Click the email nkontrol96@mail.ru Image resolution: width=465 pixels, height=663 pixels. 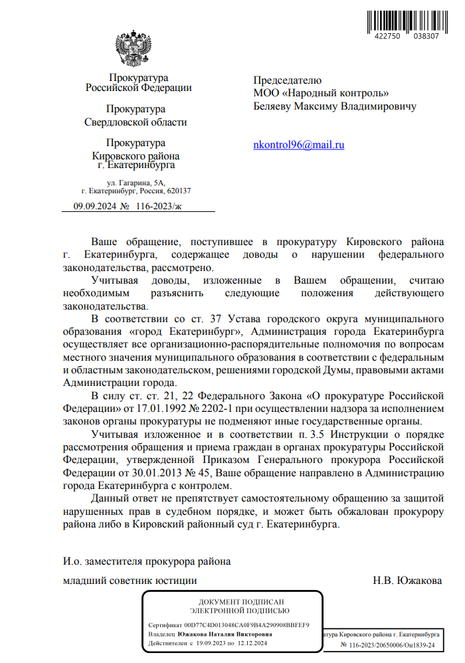tap(299, 145)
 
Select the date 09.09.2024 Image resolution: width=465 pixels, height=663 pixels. tap(94, 207)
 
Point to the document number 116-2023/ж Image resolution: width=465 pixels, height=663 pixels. tap(158, 207)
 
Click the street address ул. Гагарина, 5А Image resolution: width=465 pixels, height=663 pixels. tap(136, 181)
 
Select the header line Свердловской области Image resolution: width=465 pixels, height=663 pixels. tap(136, 122)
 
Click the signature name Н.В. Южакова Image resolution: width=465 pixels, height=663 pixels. tap(408, 581)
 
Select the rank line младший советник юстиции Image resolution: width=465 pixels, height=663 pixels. tap(130, 581)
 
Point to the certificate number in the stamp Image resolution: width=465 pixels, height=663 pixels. tap(247, 625)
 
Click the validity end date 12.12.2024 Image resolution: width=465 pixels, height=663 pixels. tap(251, 644)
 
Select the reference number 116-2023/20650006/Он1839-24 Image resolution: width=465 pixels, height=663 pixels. tap(387, 644)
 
